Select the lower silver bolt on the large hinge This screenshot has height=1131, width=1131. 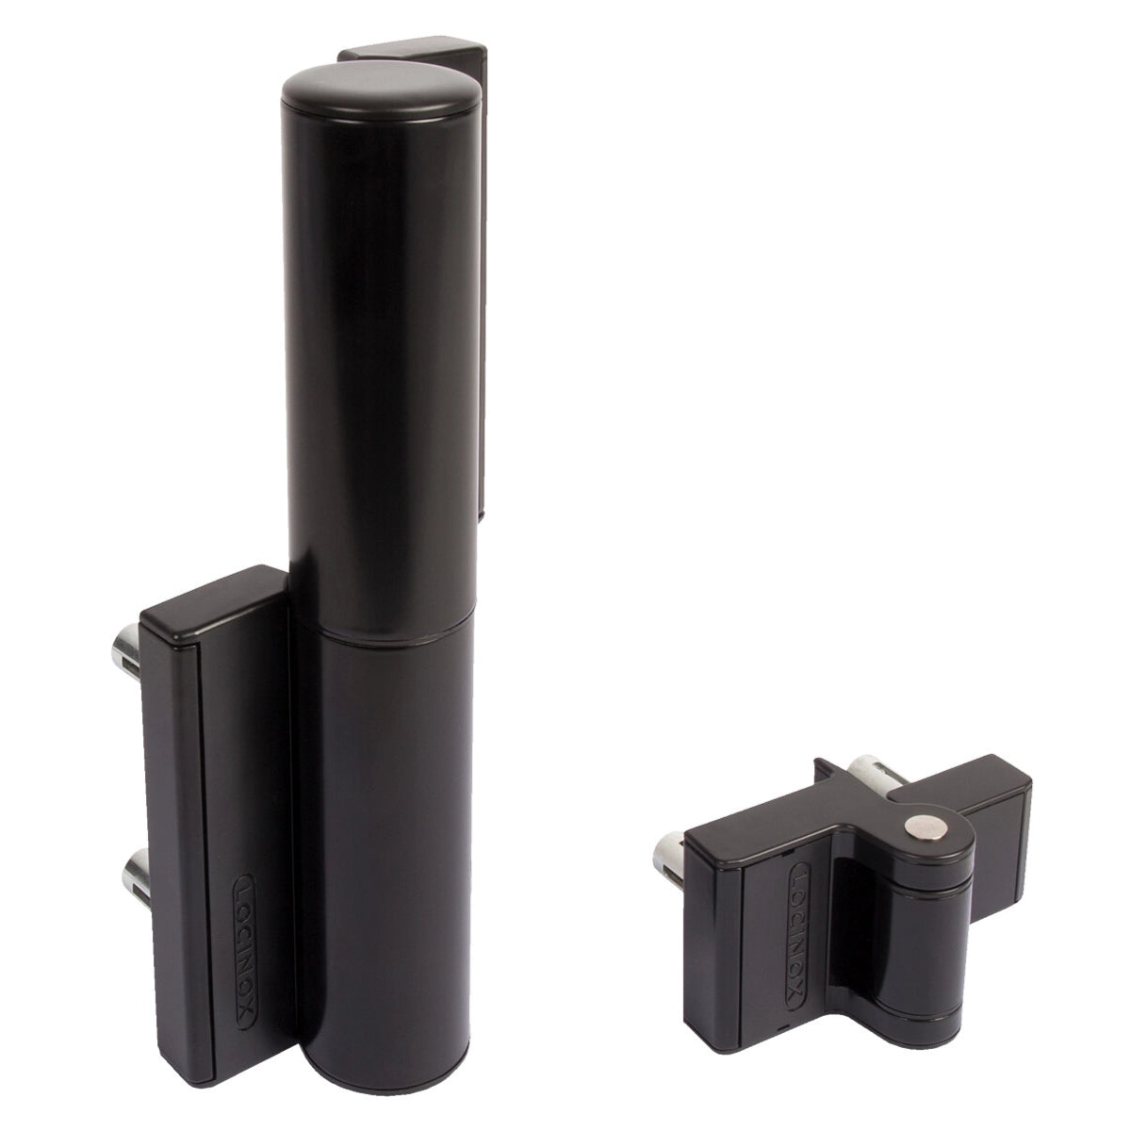point(135,878)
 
